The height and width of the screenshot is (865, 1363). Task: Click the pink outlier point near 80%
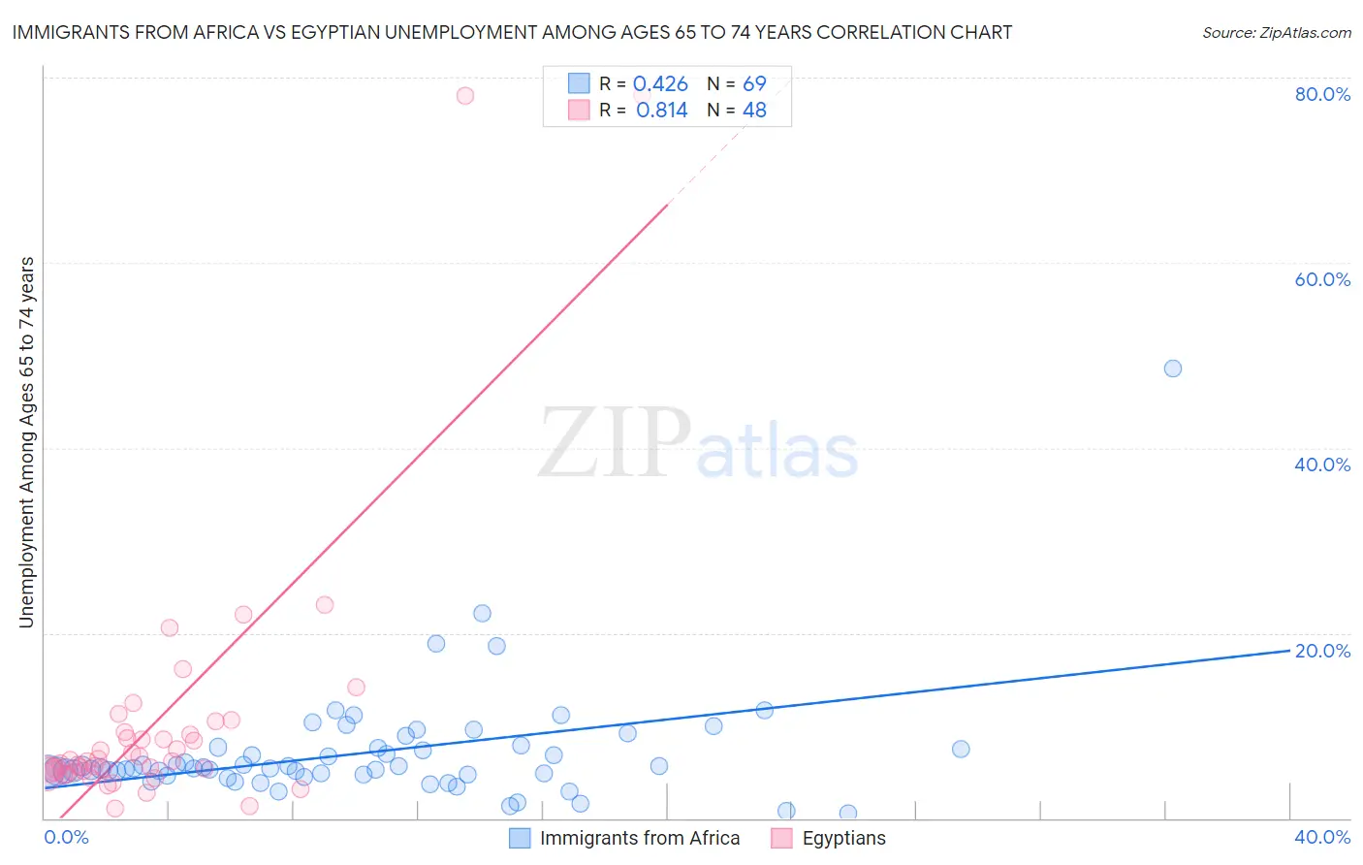pos(465,95)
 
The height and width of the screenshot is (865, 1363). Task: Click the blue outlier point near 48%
pos(1173,368)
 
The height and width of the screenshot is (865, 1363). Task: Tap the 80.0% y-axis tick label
pos(1322,94)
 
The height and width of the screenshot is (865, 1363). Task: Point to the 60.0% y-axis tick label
pos(1322,279)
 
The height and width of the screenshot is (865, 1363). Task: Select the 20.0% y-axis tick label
pos(1322,651)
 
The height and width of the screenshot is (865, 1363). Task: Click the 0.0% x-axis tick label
pos(66,837)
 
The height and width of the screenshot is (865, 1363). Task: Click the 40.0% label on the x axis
pos(1322,837)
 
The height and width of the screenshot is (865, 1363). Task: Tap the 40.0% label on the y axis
pos(1322,465)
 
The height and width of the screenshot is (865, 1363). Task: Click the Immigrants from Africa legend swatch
pos(521,838)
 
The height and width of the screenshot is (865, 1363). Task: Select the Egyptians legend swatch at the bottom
pos(782,838)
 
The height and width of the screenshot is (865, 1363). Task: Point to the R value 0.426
pos(660,84)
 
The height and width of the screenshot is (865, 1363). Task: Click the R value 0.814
pos(662,111)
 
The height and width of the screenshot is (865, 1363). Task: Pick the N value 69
pos(754,84)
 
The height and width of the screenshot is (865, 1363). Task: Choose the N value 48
pos(754,111)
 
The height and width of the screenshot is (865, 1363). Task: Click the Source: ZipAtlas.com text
pos(1277,32)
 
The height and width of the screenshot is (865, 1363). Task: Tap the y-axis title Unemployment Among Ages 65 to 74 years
pos(27,442)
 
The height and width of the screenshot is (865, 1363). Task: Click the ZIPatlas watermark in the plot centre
pos(698,444)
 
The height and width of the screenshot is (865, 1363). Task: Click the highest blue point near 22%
pos(482,613)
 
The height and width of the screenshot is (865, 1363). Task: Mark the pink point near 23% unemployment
pos(325,604)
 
